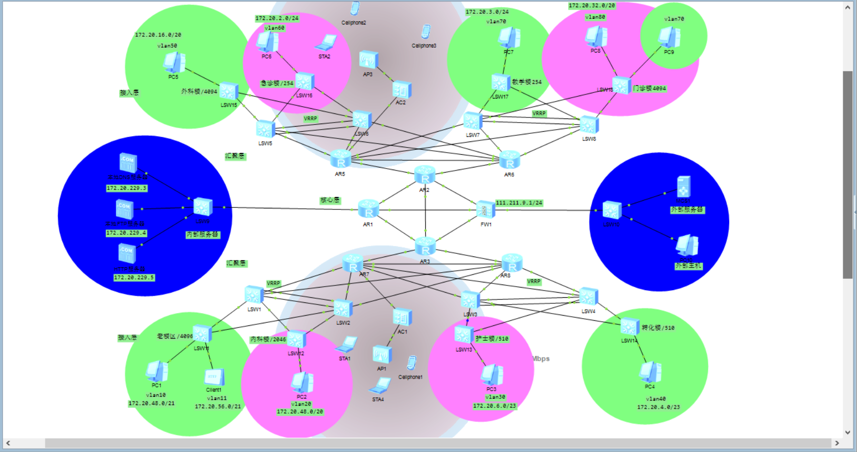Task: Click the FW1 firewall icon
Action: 485,209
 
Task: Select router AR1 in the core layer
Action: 368,209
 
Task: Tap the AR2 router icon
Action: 425,175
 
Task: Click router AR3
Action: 425,247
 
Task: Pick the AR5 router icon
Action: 340,159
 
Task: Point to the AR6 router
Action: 509,160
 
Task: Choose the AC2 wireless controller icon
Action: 402,90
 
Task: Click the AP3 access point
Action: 368,60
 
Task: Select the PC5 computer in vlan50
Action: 174,63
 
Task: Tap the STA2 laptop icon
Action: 326,43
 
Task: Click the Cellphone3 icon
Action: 425,32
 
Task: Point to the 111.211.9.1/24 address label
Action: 519,203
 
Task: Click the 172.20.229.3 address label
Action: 126,188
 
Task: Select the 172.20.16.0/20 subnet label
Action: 158,35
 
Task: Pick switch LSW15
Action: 228,92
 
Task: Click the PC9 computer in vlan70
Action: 669,38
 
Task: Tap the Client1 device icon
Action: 214,377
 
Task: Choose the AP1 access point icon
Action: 382,354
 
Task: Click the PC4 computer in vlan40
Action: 650,372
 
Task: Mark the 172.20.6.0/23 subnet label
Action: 494,406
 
